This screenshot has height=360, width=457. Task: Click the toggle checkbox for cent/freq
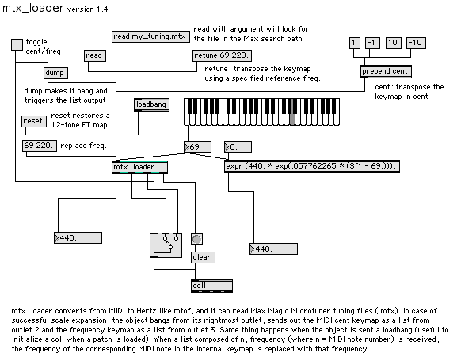(17, 44)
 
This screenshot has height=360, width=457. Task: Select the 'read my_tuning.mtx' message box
(150, 36)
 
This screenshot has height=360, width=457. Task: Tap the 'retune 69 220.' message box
(222, 55)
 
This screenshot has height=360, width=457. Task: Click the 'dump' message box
(55, 73)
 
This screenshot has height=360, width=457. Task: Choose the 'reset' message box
(34, 121)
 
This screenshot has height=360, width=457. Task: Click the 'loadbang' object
(151, 105)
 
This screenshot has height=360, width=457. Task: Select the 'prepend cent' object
(386, 71)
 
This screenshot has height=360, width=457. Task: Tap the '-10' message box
(416, 43)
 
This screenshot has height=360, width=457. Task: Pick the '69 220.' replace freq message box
(40, 146)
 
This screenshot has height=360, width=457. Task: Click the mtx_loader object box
(140, 167)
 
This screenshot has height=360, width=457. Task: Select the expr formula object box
(312, 166)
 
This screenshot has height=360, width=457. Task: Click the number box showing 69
(197, 147)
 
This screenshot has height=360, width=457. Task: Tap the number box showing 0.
(238, 147)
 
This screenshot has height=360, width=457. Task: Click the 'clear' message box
(203, 257)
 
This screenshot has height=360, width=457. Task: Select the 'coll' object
(212, 286)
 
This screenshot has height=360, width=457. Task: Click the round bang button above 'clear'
(196, 240)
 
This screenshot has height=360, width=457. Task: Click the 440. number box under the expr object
(274, 249)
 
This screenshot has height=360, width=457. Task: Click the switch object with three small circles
(166, 245)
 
